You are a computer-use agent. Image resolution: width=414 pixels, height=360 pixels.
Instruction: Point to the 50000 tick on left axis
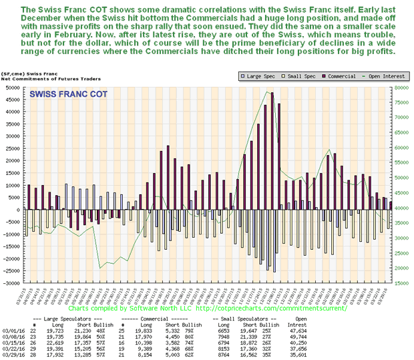coord(11,87)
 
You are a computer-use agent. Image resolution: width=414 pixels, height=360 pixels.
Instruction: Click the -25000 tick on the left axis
coord(11,271)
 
